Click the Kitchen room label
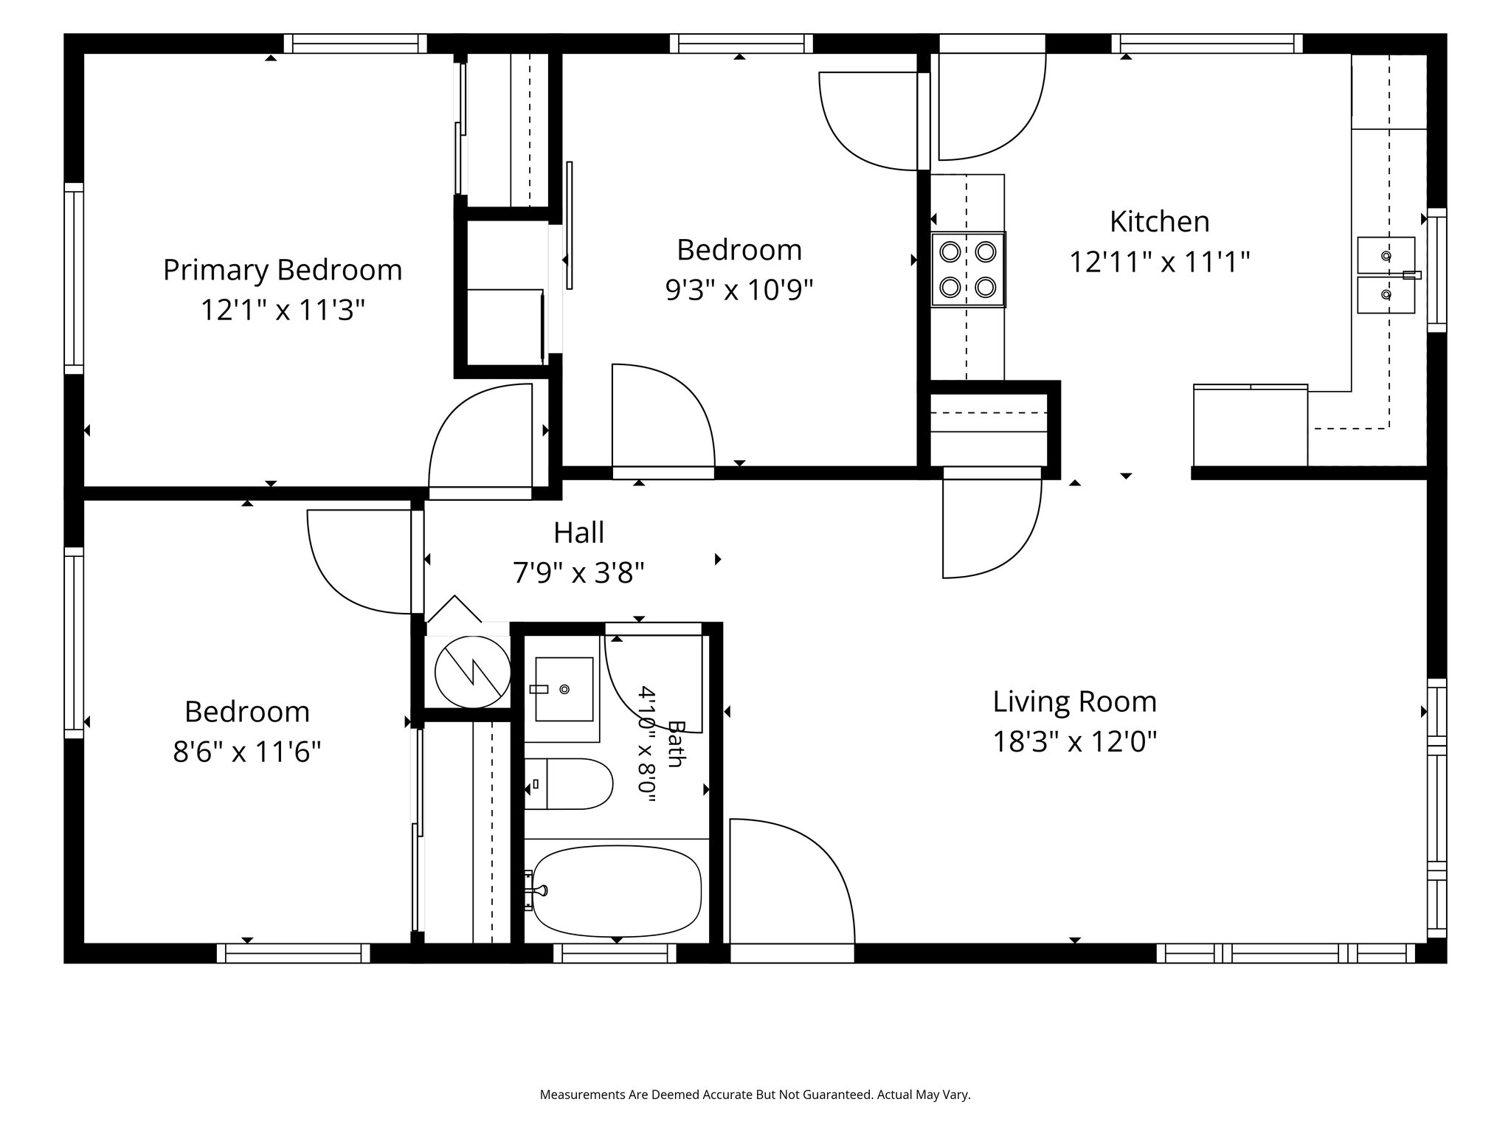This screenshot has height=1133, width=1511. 1159,221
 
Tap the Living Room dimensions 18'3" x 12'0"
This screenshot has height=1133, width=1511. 1074,741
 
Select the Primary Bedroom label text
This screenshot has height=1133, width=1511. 283,270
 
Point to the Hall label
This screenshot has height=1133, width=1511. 579,533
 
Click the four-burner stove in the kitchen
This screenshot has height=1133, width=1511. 968,269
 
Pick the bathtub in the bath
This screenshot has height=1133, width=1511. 615,890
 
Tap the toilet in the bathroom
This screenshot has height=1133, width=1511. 568,783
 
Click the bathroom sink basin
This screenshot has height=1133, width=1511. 564,689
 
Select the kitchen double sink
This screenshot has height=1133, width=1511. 1387,275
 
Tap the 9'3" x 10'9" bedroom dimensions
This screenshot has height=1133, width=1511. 739,290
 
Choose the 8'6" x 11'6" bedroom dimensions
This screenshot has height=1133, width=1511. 247,752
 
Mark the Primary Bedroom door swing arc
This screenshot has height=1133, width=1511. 480,435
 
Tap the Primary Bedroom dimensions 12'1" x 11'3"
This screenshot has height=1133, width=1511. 283,310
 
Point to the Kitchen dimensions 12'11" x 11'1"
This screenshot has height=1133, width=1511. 1159,262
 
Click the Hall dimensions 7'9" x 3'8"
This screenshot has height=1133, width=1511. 579,572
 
